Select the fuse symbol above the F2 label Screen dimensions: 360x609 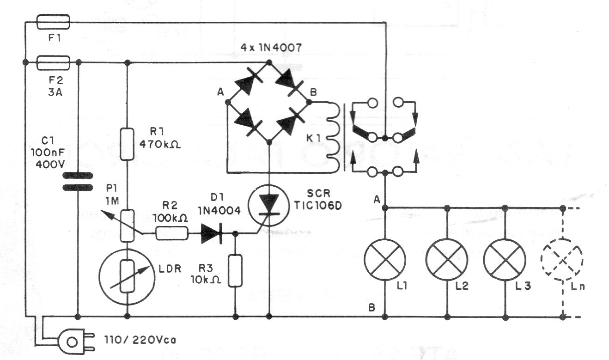point(52,61)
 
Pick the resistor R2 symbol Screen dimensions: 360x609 point(172,234)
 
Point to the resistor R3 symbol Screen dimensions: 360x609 point(236,270)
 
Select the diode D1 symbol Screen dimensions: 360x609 point(212,234)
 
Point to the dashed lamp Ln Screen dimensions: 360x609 point(562,260)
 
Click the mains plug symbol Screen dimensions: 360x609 point(72,341)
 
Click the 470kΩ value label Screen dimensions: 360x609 point(159,144)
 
